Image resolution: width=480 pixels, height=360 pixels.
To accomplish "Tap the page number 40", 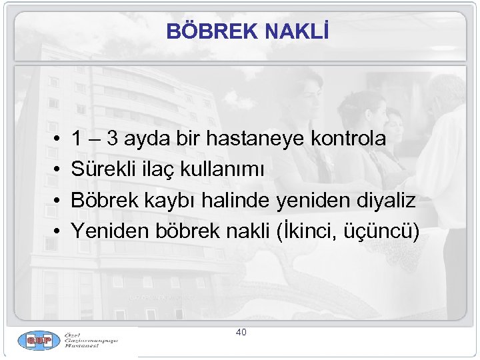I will point(241,331).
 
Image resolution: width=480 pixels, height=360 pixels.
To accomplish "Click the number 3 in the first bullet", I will point(114,139).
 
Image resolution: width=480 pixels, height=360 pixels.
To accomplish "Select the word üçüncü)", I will point(383,231).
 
